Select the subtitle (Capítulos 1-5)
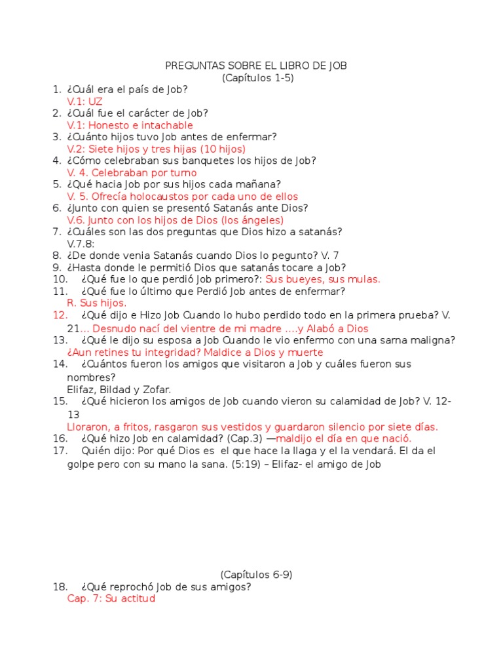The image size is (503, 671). [x=257, y=77]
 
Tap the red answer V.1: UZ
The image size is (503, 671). [x=84, y=102]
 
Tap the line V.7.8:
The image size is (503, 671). [x=81, y=244]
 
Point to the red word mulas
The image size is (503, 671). [x=365, y=279]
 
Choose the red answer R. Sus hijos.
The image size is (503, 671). [x=97, y=303]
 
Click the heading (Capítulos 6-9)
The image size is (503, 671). [x=256, y=575]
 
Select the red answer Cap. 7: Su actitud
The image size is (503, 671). [x=111, y=599]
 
